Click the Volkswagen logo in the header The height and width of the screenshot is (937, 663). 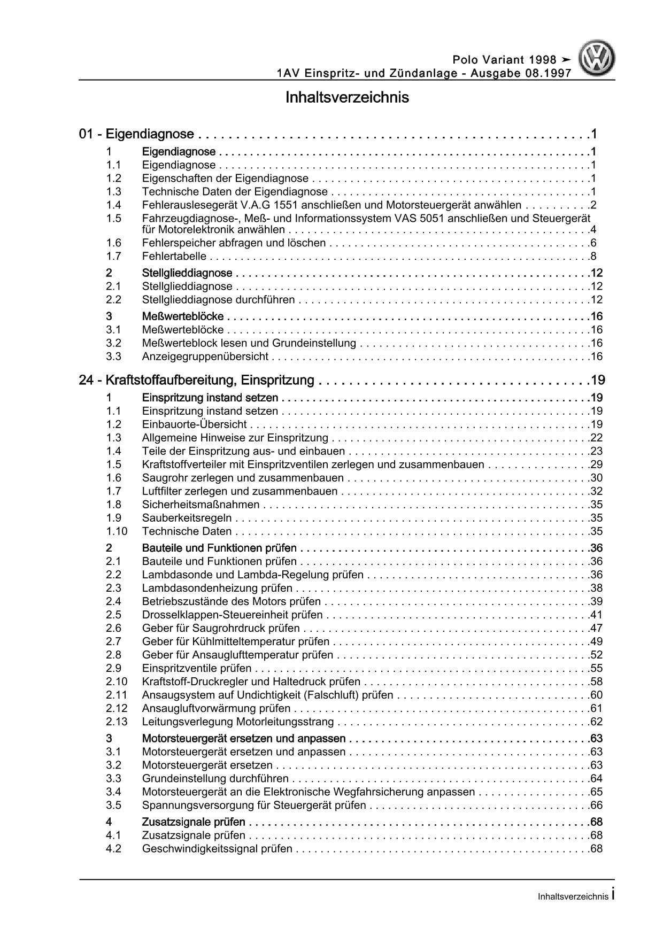point(598,59)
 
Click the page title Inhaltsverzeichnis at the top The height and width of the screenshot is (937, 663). point(347,98)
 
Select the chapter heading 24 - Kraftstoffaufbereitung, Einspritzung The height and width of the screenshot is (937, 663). point(196,381)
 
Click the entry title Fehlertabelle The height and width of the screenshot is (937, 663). point(174,257)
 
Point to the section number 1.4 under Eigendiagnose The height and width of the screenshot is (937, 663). point(113,205)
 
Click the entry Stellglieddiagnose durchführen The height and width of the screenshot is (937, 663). point(219,300)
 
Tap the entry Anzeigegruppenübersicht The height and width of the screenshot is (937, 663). point(205,357)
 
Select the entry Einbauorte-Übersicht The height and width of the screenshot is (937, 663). point(195,424)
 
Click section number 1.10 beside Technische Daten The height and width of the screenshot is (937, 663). point(117,531)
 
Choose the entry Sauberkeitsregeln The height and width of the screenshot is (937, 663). point(187,518)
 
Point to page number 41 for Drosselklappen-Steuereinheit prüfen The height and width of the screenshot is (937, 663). point(596,615)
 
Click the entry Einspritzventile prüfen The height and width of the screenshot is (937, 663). point(197,668)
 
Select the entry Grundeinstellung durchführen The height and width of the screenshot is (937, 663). point(215,779)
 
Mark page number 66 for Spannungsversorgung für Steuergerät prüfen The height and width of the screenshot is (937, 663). point(596,806)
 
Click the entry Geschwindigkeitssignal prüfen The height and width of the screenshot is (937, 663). point(218,849)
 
